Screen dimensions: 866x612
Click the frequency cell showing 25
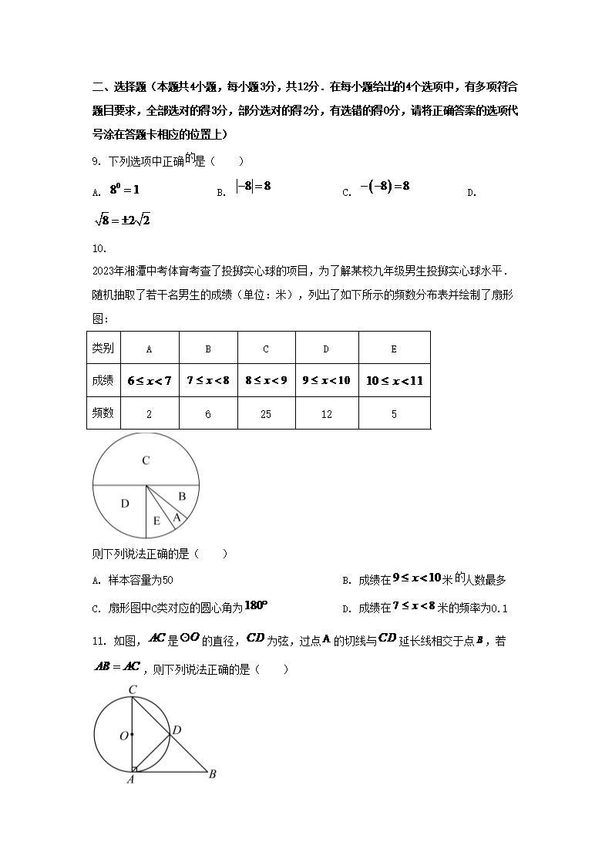(x=266, y=414)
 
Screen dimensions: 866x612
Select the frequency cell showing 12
(x=326, y=414)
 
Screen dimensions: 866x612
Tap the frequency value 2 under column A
(x=149, y=414)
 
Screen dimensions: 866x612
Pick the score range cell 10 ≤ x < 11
(x=394, y=381)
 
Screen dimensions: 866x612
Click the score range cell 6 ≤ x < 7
(x=149, y=381)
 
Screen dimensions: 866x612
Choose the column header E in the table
(x=394, y=349)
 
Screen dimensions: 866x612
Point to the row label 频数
(x=103, y=413)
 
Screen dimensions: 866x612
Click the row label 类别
(x=103, y=349)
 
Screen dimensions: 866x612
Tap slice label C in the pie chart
(x=145, y=461)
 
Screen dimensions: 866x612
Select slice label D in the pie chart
(x=125, y=504)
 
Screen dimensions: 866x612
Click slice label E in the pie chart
(x=156, y=522)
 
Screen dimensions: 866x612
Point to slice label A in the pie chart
(x=177, y=517)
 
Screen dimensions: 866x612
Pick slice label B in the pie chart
(x=182, y=497)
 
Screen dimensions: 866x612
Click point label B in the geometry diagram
(x=212, y=774)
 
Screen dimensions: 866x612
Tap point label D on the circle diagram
(x=177, y=730)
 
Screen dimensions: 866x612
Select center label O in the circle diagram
(x=123, y=736)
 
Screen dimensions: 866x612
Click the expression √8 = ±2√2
(x=121, y=221)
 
